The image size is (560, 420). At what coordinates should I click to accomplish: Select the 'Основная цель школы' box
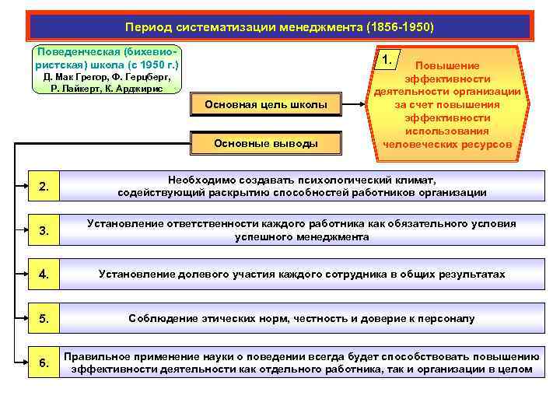pos(265,105)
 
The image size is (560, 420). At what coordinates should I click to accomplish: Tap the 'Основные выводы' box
pos(265,143)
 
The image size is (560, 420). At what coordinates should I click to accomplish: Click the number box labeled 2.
pos(44,186)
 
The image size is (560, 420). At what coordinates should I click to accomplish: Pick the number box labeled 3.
pos(44,230)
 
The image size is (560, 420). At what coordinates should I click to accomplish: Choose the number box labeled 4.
pos(44,274)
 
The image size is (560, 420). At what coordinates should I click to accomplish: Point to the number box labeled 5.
pos(44,318)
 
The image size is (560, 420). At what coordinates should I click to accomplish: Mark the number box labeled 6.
pos(44,362)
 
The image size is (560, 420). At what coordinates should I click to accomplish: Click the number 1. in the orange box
pos(387,61)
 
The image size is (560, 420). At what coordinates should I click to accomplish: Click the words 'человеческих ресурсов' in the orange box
pos(447,144)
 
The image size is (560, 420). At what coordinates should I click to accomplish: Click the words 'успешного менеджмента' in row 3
pos(302,237)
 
